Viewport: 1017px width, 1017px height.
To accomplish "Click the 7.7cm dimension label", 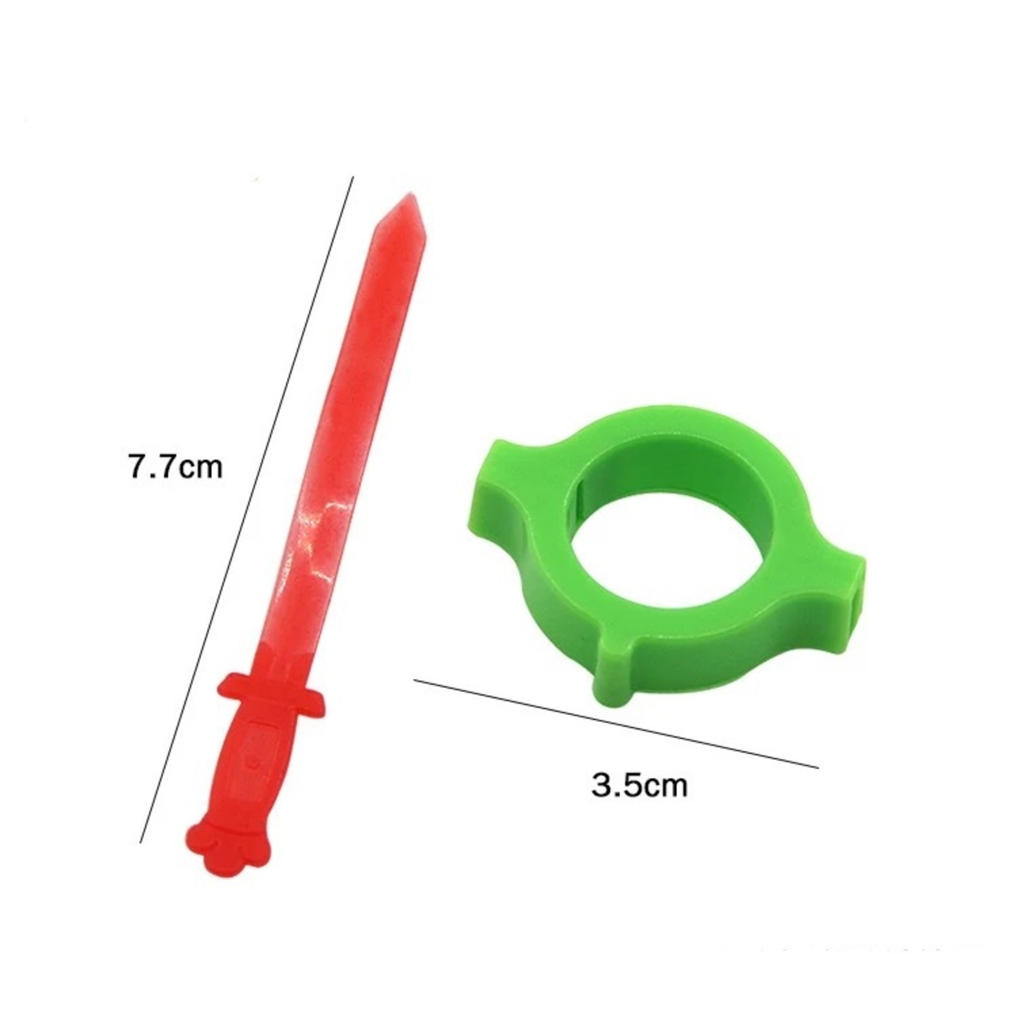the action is [x=176, y=467].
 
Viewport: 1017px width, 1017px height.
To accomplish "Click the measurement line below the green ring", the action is [x=616, y=723].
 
